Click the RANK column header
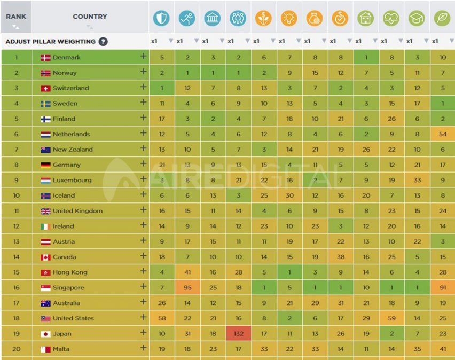pos(16,17)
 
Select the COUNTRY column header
pos(90,17)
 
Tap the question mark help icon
pos(103,42)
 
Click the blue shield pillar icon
pos(161,18)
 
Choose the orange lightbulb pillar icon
pos(289,18)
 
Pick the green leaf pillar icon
pos(442,18)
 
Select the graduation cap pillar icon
pos(417,18)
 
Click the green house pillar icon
pos(366,18)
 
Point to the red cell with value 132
pos(238,334)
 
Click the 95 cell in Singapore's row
pos(187,288)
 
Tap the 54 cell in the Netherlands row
pos(442,134)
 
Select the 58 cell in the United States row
pos(161,318)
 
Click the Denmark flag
pos(45,58)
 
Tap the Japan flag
pos(45,334)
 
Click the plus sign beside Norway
pos(143,72)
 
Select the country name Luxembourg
pos(72,181)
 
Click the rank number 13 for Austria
pos(16,241)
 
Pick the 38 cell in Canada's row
pos(340,257)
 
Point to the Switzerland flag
pos(45,88)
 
